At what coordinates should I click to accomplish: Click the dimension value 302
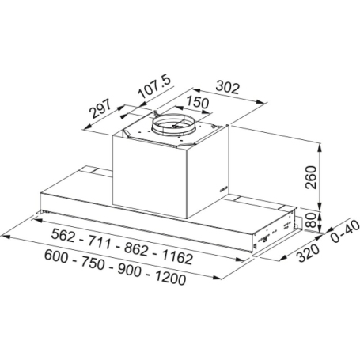[228, 88]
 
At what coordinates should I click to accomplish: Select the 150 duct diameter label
[197, 102]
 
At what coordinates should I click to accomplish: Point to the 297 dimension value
[100, 109]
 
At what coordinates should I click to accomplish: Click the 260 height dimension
[311, 177]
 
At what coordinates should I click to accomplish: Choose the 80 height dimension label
[311, 220]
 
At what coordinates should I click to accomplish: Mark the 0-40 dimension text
[345, 231]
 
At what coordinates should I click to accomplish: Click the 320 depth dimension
[308, 252]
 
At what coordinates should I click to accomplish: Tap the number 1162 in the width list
[177, 256]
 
